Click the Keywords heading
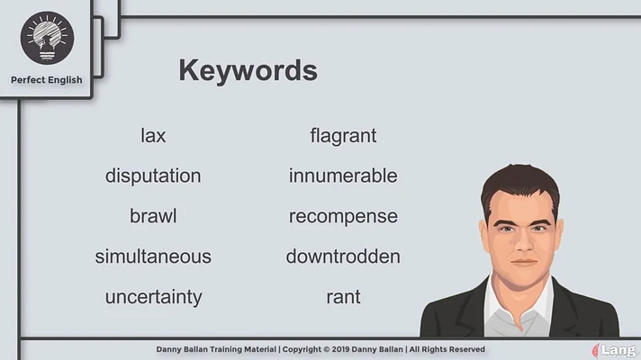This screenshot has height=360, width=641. pyautogui.click(x=248, y=70)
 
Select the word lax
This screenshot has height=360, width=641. pyautogui.click(x=153, y=135)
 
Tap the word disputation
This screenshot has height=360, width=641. pyautogui.click(x=153, y=176)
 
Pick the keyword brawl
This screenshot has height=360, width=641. pyautogui.click(x=153, y=216)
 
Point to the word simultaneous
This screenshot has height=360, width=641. pyautogui.click(x=153, y=256)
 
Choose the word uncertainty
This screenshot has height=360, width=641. pyautogui.click(x=154, y=297)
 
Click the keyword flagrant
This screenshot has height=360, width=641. pyautogui.click(x=343, y=136)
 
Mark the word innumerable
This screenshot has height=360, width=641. pyautogui.click(x=343, y=175)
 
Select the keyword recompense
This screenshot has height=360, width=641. pyautogui.click(x=343, y=217)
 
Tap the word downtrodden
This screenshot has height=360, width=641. pyautogui.click(x=343, y=256)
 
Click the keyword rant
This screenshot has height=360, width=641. pyautogui.click(x=343, y=297)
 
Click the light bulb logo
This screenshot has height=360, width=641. pyautogui.click(x=47, y=38)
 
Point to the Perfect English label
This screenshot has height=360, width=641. pyautogui.click(x=47, y=80)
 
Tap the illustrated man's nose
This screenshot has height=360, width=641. pyautogui.click(x=523, y=242)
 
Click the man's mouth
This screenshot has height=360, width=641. pyautogui.click(x=524, y=262)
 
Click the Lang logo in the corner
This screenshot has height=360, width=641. pyautogui.click(x=615, y=351)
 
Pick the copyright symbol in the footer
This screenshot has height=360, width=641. pyautogui.click(x=326, y=349)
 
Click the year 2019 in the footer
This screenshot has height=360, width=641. pyautogui.click(x=340, y=349)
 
